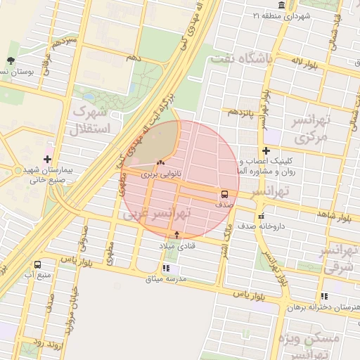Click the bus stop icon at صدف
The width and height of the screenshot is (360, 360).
[224, 193]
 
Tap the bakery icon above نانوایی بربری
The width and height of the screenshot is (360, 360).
[151, 163]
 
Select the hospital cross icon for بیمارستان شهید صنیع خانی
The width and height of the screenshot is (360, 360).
[47, 158]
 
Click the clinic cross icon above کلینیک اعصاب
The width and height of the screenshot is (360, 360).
[266, 151]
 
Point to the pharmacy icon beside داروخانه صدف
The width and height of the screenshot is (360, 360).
[262, 216]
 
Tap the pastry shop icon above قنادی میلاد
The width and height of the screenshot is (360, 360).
[176, 235]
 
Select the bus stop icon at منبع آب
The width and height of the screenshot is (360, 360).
[37, 264]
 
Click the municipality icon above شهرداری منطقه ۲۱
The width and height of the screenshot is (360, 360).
[281, 6]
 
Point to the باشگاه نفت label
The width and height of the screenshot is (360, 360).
[241, 59]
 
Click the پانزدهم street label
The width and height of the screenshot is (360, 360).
[238, 111]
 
